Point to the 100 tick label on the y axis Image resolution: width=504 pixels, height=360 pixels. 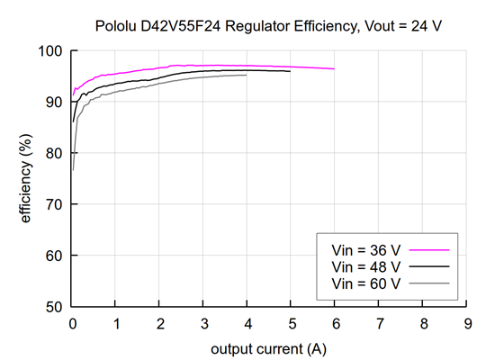click(53, 51)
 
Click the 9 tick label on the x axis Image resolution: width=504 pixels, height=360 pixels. click(466, 323)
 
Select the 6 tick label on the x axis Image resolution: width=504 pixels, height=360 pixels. click(335, 323)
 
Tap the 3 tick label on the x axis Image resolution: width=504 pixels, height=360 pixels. click(204, 323)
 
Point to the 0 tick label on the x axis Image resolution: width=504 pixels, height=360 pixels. click(73, 323)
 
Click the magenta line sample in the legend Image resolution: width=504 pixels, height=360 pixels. click(428, 251)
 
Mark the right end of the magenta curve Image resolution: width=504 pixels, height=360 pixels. click(335, 68)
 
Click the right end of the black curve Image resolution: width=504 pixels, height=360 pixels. click(291, 71)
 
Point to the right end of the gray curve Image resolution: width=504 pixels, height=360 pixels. click(247, 75)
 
